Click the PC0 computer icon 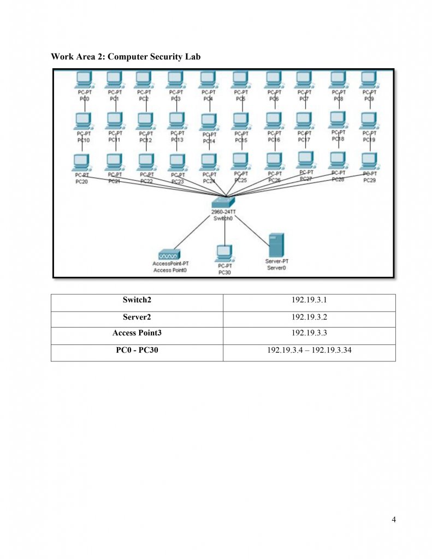(x=83, y=80)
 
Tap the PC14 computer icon (x=208, y=121)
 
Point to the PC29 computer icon (x=370, y=161)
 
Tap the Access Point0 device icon (x=169, y=255)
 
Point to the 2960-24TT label (x=224, y=211)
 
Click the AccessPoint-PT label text (x=170, y=264)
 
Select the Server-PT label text (x=277, y=261)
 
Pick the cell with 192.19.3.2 (x=309, y=317)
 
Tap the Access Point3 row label (x=137, y=332)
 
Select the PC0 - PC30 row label (x=137, y=350)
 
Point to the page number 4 (x=394, y=519)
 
